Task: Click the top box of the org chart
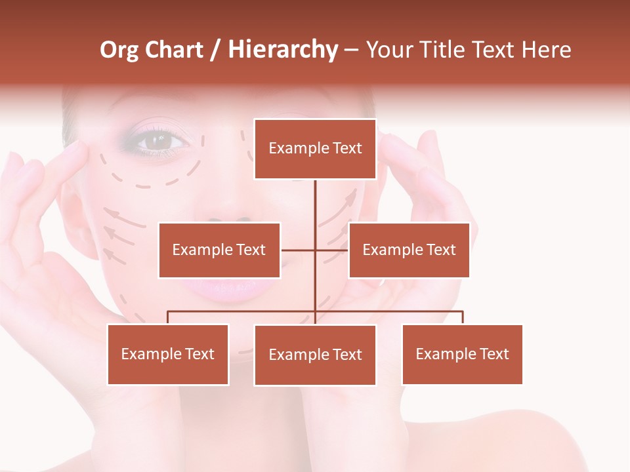tap(315, 149)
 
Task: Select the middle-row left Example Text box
tap(219, 250)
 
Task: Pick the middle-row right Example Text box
tap(409, 250)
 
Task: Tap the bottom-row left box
tap(168, 354)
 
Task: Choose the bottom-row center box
tap(315, 355)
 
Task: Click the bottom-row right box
tap(462, 354)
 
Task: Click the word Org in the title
tap(119, 50)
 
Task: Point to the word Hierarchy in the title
tap(283, 50)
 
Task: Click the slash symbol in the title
tap(216, 50)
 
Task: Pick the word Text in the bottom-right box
tap(495, 354)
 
